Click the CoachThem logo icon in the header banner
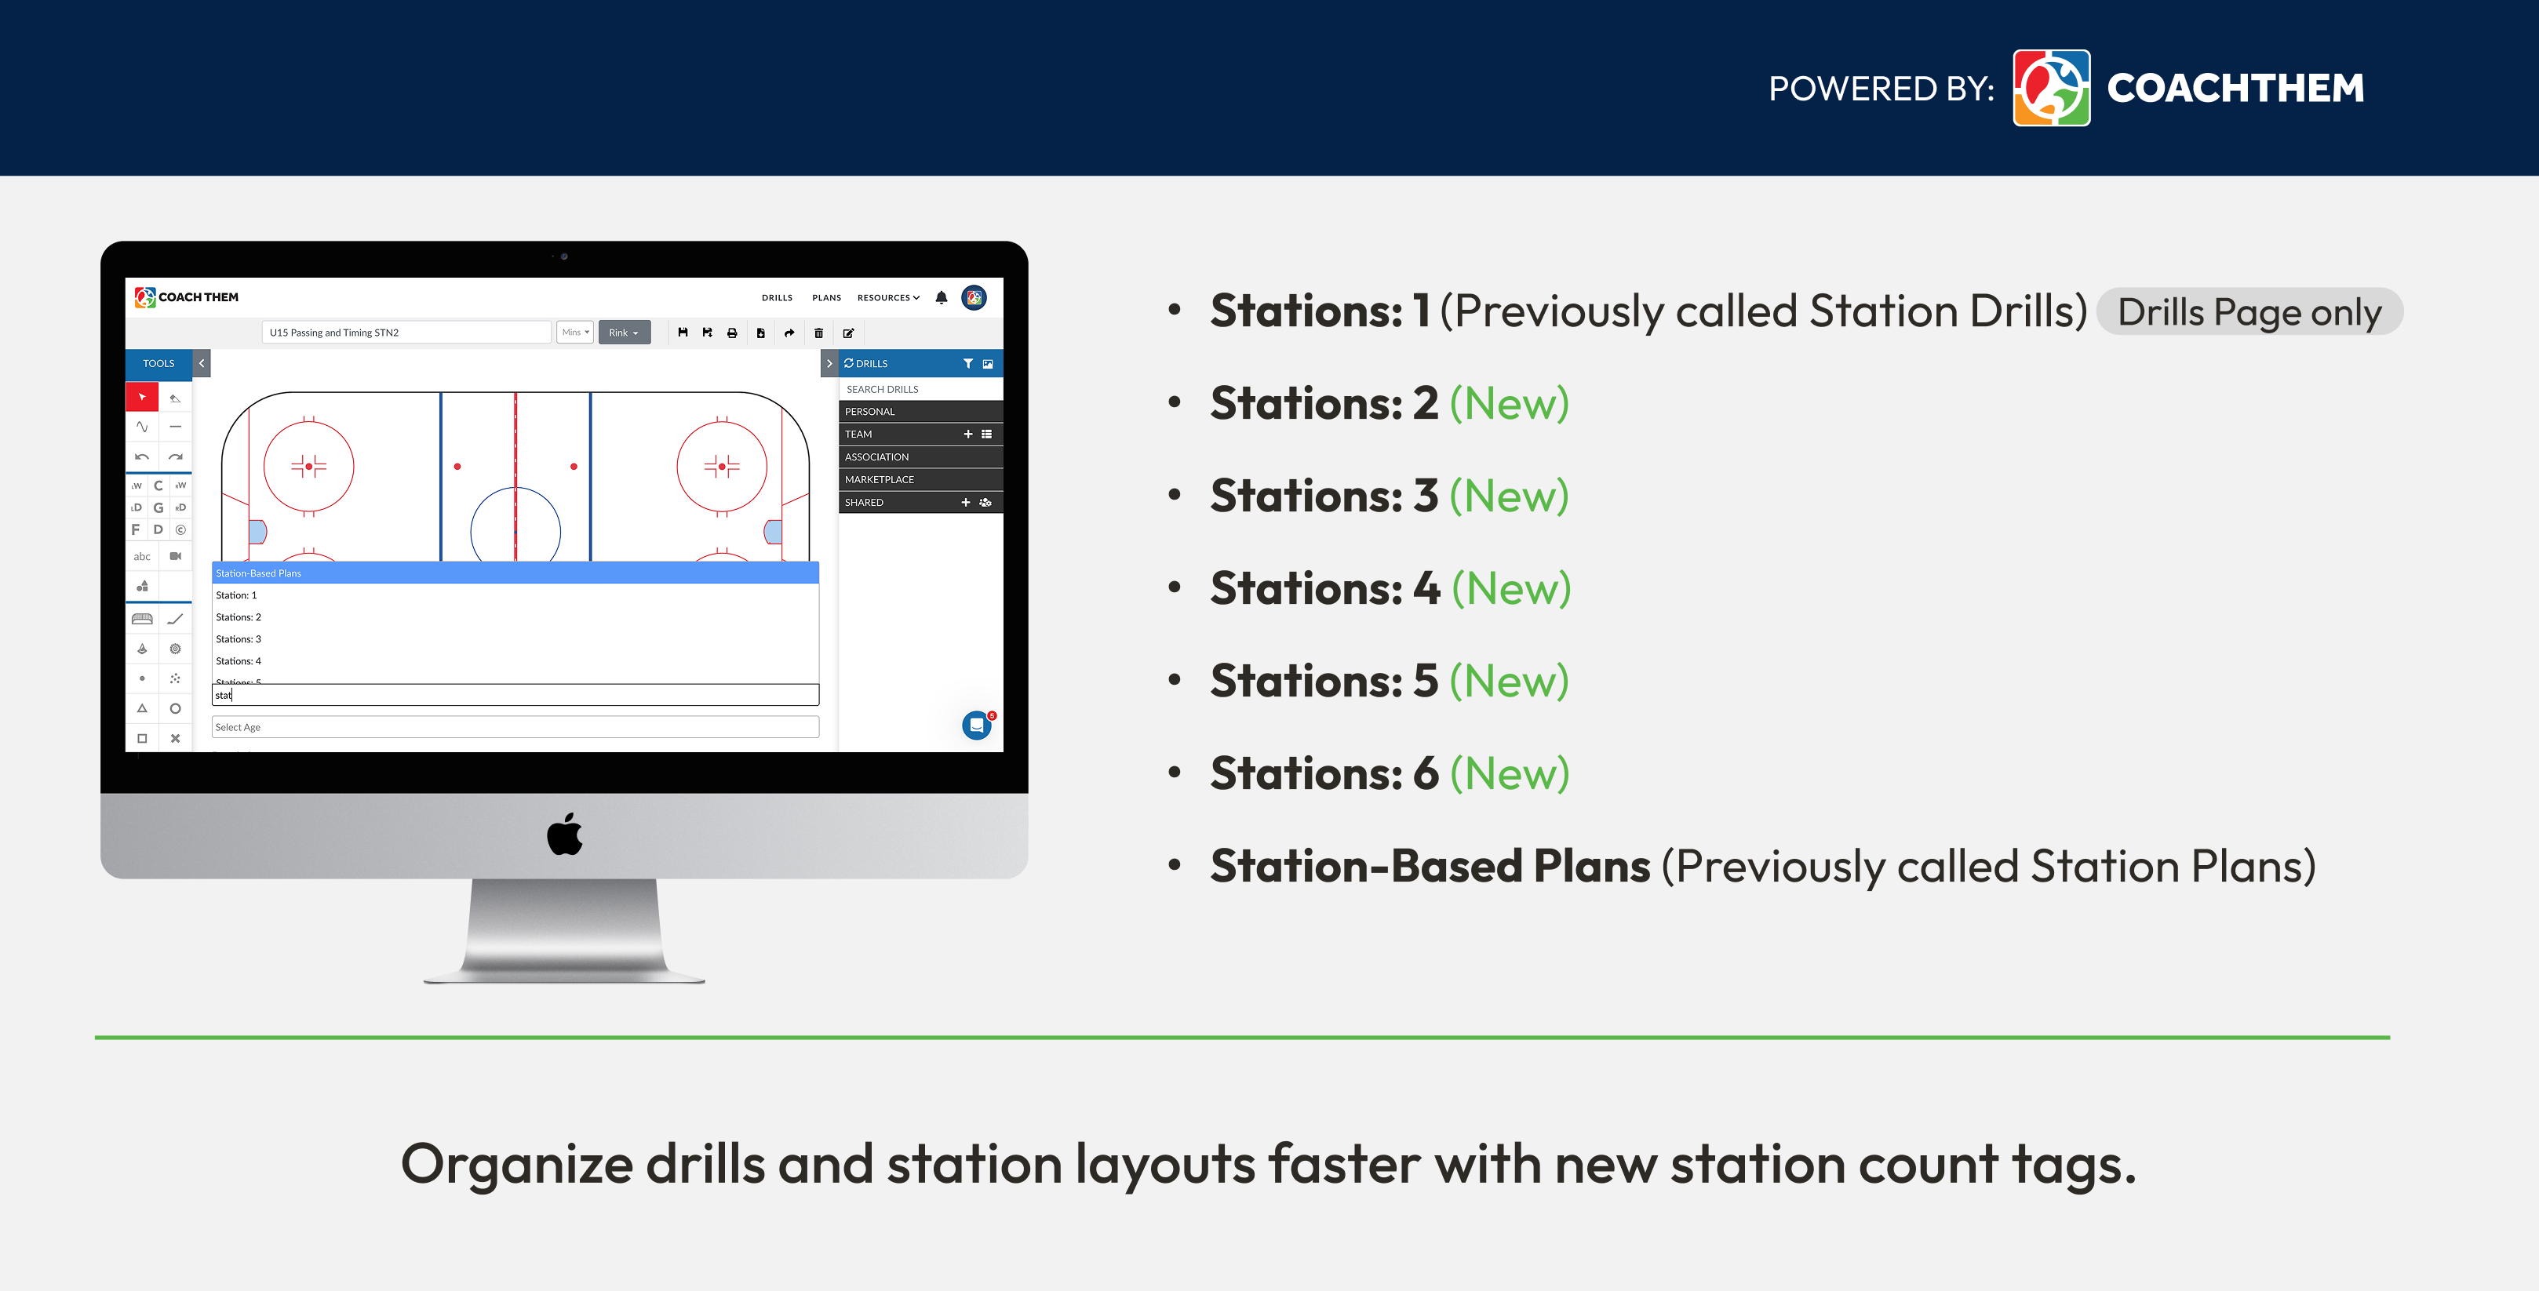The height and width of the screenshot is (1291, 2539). (2050, 88)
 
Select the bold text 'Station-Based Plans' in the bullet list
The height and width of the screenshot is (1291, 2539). (1430, 866)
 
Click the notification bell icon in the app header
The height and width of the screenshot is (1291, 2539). (942, 297)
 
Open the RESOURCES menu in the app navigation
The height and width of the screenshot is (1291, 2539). (887, 297)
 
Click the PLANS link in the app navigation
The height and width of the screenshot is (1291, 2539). (826, 297)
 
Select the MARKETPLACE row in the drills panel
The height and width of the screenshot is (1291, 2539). (920, 479)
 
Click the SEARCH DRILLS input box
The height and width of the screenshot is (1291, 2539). (920, 389)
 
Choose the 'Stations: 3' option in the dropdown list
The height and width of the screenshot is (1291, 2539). (239, 638)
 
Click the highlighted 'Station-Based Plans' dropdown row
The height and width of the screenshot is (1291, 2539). (515, 573)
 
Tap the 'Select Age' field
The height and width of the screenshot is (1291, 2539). (515, 727)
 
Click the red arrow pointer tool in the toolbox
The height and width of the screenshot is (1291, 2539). (142, 397)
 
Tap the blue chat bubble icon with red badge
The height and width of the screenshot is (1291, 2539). (976, 726)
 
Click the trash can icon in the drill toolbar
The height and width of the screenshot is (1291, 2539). (818, 333)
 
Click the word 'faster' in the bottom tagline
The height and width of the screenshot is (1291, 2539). (1343, 1164)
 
